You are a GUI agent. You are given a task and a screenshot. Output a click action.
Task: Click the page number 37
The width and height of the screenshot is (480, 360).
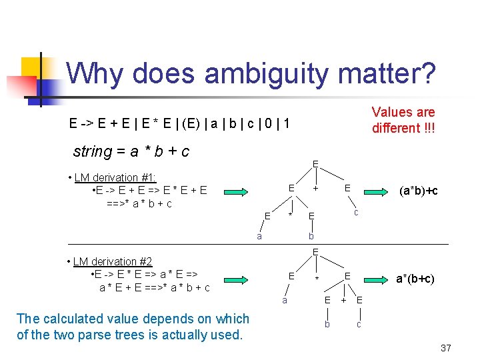pyautogui.click(x=446, y=348)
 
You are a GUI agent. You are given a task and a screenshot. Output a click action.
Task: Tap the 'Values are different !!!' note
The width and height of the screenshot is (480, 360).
pyautogui.click(x=403, y=120)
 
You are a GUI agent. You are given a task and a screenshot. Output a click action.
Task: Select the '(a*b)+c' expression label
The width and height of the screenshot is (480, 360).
pyautogui.click(x=418, y=191)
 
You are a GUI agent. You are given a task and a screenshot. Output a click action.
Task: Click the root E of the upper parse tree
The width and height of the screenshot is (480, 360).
pyautogui.click(x=315, y=164)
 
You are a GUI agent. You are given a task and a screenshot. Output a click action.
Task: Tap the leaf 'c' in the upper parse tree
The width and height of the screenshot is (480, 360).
pyautogui.click(x=357, y=212)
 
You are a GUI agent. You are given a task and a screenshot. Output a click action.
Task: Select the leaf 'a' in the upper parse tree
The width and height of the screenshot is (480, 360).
pyautogui.click(x=259, y=235)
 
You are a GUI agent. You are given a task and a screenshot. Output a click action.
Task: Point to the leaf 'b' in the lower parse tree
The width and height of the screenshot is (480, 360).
pyautogui.click(x=327, y=324)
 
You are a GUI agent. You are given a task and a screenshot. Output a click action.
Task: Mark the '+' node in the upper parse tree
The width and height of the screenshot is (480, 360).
pyautogui.click(x=315, y=189)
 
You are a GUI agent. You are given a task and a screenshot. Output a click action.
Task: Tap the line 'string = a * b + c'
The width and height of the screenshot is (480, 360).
pyautogui.click(x=131, y=151)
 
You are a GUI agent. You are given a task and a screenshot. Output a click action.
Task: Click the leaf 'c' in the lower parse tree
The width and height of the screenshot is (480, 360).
pyautogui.click(x=359, y=324)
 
